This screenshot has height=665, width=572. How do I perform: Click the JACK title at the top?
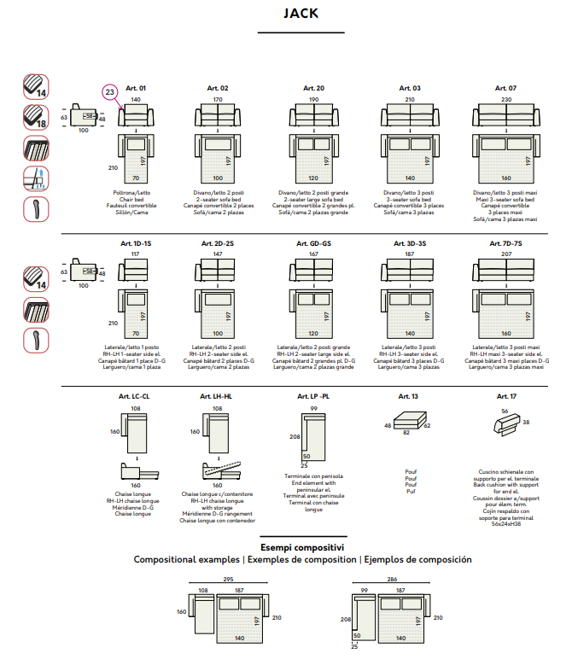301,14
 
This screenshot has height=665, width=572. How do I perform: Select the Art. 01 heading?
136,88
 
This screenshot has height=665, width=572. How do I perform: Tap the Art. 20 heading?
313,88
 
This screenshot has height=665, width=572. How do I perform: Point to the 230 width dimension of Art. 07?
506,100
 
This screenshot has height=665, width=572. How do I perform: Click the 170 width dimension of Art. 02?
218,100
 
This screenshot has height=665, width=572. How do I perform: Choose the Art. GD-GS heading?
313,243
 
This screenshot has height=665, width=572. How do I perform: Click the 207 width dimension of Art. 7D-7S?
506,254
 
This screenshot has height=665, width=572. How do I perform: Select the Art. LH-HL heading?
217,397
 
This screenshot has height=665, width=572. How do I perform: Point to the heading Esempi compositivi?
302,547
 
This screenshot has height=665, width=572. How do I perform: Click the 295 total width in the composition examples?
228,580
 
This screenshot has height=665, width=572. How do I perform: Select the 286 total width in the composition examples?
390,580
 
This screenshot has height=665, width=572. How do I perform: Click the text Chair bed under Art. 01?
136,199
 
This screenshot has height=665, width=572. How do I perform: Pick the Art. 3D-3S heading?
410,243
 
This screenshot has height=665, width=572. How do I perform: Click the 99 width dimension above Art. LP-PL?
314,409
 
